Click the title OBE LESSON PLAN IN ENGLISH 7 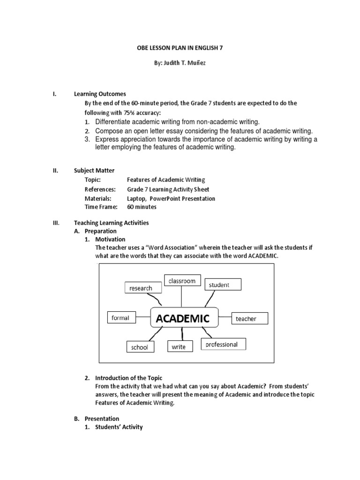tap(180, 48)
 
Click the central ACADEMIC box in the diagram tap(183, 319)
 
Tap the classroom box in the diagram tap(182, 281)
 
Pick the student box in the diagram tap(223, 285)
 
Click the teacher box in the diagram tap(250, 319)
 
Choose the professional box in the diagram tap(223, 345)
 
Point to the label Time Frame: tap(97, 207)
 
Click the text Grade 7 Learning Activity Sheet tap(168, 189)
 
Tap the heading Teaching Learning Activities tap(112, 223)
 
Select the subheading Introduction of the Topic tap(128, 378)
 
